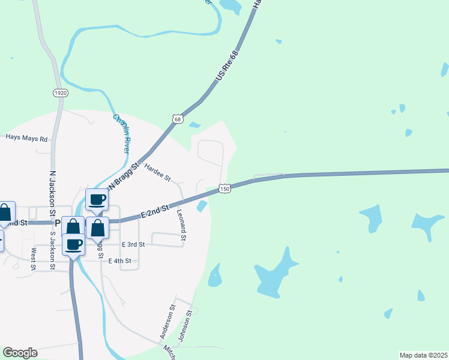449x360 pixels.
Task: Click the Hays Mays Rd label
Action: [26, 138]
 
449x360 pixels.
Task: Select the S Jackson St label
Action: [52, 250]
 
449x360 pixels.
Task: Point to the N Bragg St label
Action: [123, 173]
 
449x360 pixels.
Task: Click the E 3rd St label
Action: [133, 245]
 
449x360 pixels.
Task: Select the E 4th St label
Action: [119, 261]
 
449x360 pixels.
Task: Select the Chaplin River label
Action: [122, 133]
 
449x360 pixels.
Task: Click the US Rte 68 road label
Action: [228, 67]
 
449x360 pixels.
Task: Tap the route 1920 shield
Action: [60, 93]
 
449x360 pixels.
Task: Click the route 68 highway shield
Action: [176, 119]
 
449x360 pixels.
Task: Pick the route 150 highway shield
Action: [224, 188]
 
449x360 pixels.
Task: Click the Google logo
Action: [20, 353]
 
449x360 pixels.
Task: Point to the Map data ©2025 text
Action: [423, 355]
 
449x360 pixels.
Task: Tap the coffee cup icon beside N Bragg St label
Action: [97, 199]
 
